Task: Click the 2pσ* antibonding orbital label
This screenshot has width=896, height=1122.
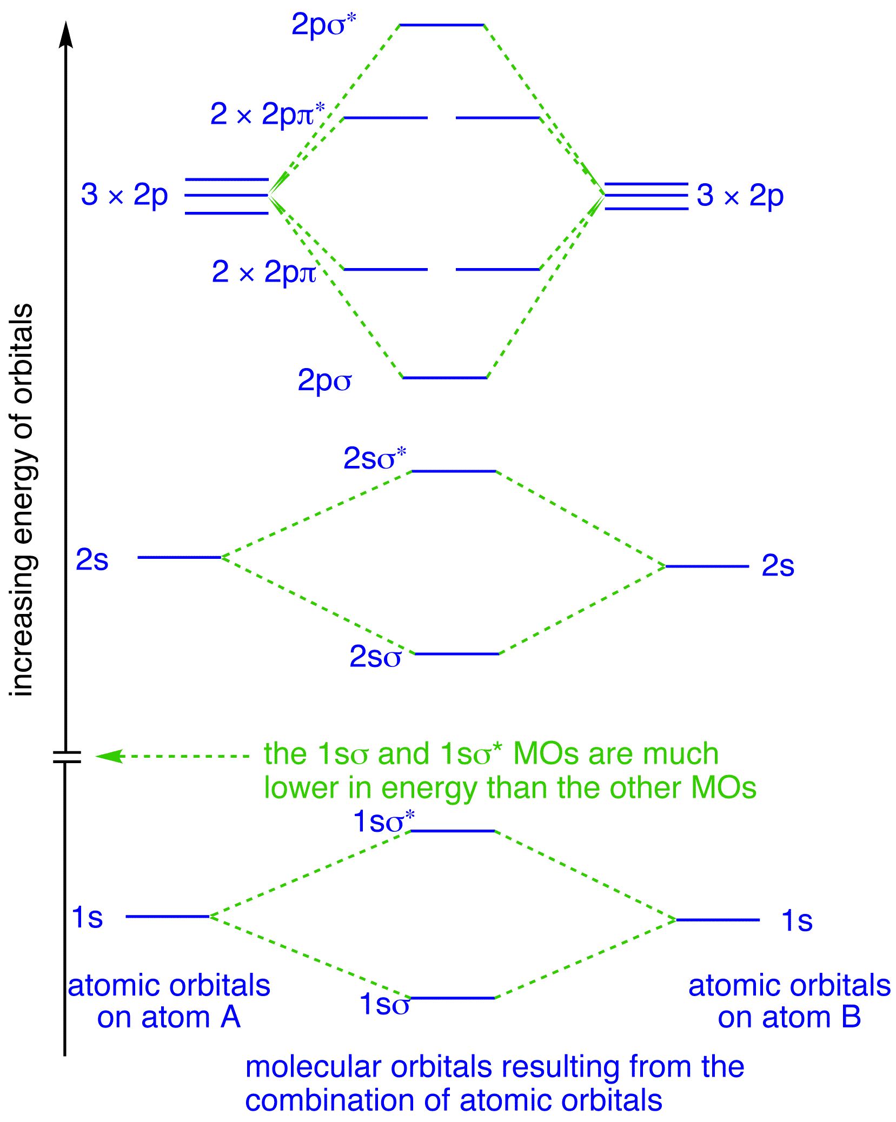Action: coord(323,25)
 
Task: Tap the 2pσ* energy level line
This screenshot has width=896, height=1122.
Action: coord(441,25)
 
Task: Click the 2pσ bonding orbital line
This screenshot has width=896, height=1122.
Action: coord(445,377)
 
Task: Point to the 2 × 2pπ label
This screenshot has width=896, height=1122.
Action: coord(264,271)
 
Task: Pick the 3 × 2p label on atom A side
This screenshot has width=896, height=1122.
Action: coord(124,195)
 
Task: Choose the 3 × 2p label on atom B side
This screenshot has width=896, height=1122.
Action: coord(740,195)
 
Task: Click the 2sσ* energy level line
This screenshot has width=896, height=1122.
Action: coord(454,471)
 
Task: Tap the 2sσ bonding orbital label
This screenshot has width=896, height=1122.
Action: coord(375,657)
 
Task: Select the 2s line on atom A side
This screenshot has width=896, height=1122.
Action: coord(180,557)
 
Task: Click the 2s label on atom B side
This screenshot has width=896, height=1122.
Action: coord(778,566)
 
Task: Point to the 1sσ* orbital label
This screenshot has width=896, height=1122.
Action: coord(384,821)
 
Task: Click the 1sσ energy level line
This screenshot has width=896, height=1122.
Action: coord(453,998)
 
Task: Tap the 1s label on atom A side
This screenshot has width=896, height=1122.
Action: coord(87,917)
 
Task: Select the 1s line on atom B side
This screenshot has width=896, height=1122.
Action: coord(718,919)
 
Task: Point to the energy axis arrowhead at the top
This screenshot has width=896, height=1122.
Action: coord(65,35)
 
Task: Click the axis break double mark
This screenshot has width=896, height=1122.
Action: coord(67,757)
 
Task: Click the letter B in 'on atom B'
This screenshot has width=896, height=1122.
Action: coord(851,1017)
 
